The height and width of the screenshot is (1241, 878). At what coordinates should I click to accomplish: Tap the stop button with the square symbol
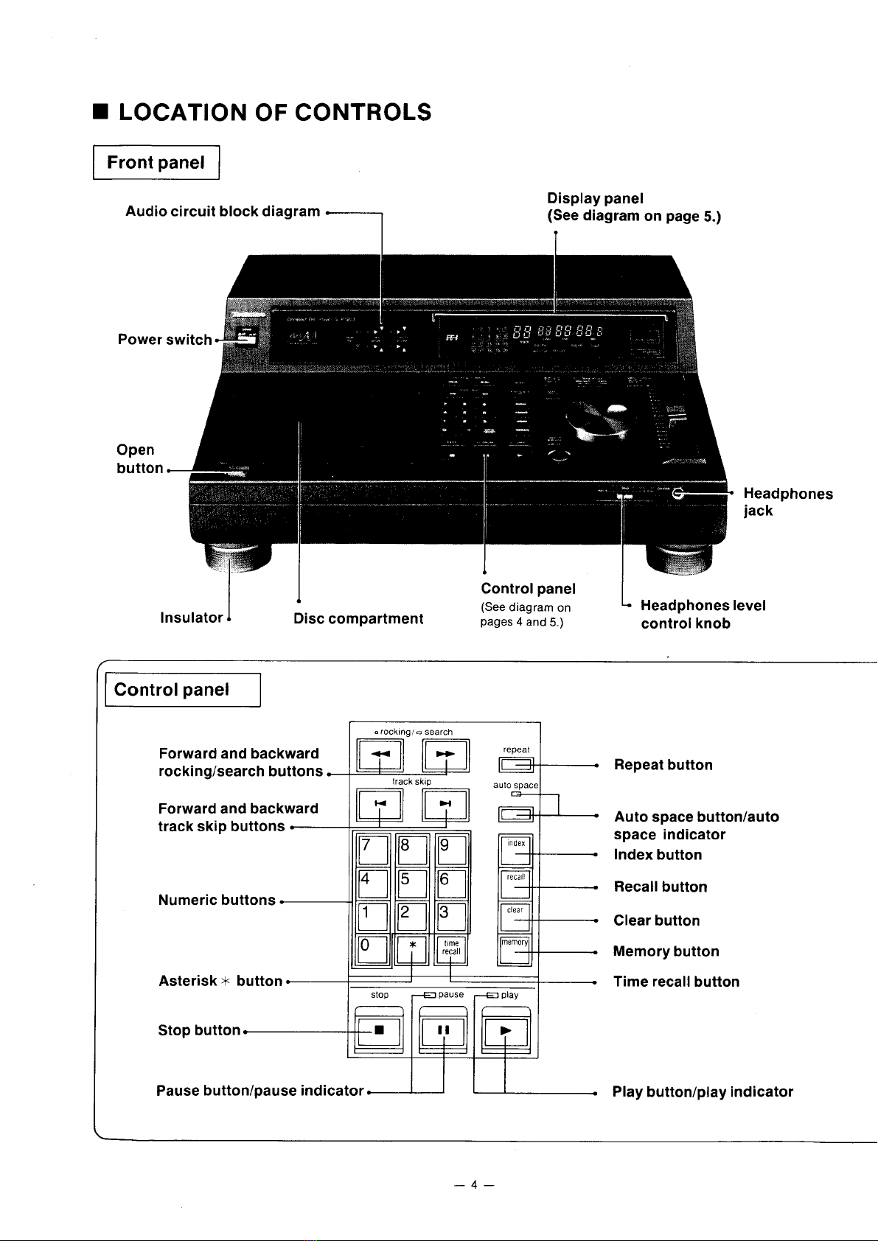pyautogui.click(x=377, y=1031)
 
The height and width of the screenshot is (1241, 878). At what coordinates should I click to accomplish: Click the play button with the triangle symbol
pyautogui.click(x=505, y=1031)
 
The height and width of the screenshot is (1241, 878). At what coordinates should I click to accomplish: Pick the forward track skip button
pyautogui.click(x=445, y=804)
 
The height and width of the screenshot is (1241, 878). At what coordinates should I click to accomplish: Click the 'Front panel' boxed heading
pyautogui.click(x=156, y=163)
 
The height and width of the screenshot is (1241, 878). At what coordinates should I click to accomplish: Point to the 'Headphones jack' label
pyautogui.click(x=787, y=502)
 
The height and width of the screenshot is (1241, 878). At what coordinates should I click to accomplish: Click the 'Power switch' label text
pyautogui.click(x=164, y=340)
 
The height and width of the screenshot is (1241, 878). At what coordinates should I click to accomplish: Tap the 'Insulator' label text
pyautogui.click(x=191, y=618)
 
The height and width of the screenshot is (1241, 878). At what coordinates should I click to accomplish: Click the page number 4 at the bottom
pyautogui.click(x=475, y=1185)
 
